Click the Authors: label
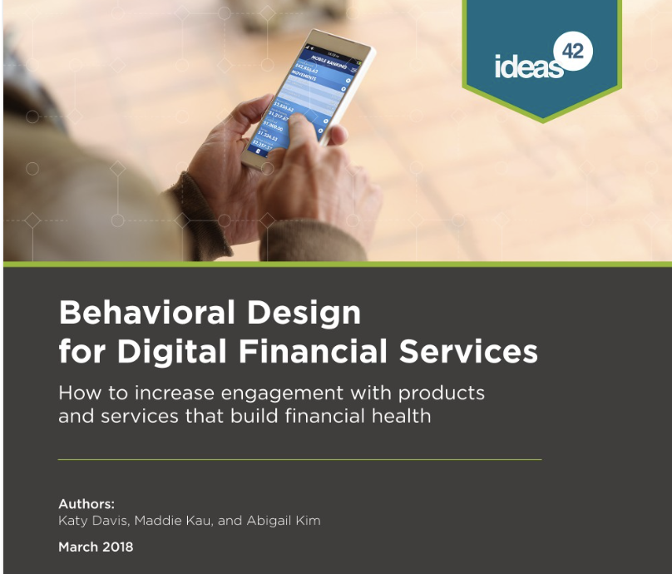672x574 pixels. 86,504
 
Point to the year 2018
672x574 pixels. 116,547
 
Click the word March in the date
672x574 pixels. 77,547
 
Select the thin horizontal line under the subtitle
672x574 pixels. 299,459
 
